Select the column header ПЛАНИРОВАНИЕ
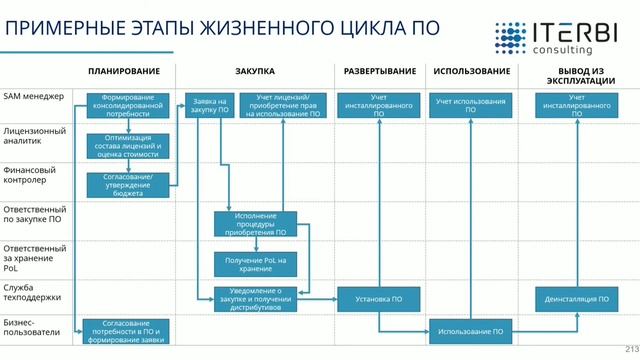[124, 72]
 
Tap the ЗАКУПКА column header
[255, 72]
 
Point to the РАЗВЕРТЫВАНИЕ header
[380, 72]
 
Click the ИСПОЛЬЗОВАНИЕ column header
[471, 72]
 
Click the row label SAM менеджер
[34, 96]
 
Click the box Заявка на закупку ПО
[207, 106]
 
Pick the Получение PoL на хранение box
[255, 263]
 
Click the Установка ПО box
[379, 298]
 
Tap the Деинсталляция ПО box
[577, 298]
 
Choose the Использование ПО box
[470, 330]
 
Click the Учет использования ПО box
[470, 106]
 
